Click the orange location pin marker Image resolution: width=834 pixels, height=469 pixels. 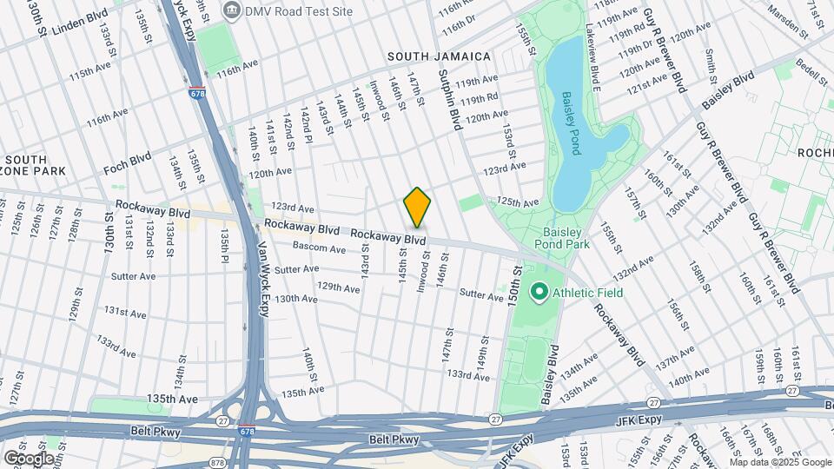click(x=417, y=207)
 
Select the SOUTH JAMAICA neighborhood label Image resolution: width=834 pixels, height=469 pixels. click(x=439, y=56)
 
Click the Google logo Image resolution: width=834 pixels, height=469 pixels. click(x=28, y=458)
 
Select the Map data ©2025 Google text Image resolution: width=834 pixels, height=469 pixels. click(x=779, y=460)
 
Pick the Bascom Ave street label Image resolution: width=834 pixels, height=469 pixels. click(x=319, y=248)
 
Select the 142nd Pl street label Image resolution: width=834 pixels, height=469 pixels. click(x=306, y=126)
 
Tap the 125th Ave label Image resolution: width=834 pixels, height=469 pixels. click(x=518, y=202)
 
